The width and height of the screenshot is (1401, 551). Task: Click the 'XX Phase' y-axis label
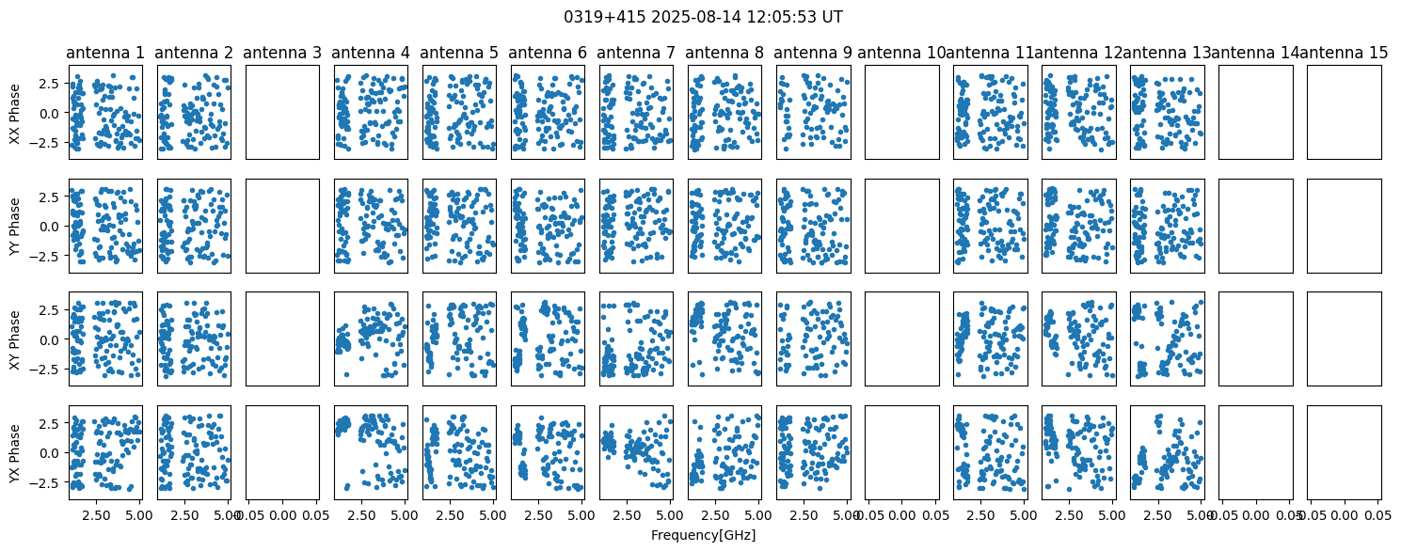[x=15, y=113]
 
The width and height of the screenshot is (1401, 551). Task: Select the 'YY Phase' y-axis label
[x=15, y=226]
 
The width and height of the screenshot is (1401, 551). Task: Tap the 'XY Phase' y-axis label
[x=15, y=338]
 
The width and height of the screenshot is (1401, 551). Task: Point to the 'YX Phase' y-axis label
[x=15, y=452]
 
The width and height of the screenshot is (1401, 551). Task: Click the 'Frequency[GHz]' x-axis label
[x=703, y=535]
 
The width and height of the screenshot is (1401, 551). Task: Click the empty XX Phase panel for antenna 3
[x=282, y=113]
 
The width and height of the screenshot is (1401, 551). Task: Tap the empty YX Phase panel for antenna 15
[x=1345, y=452]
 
